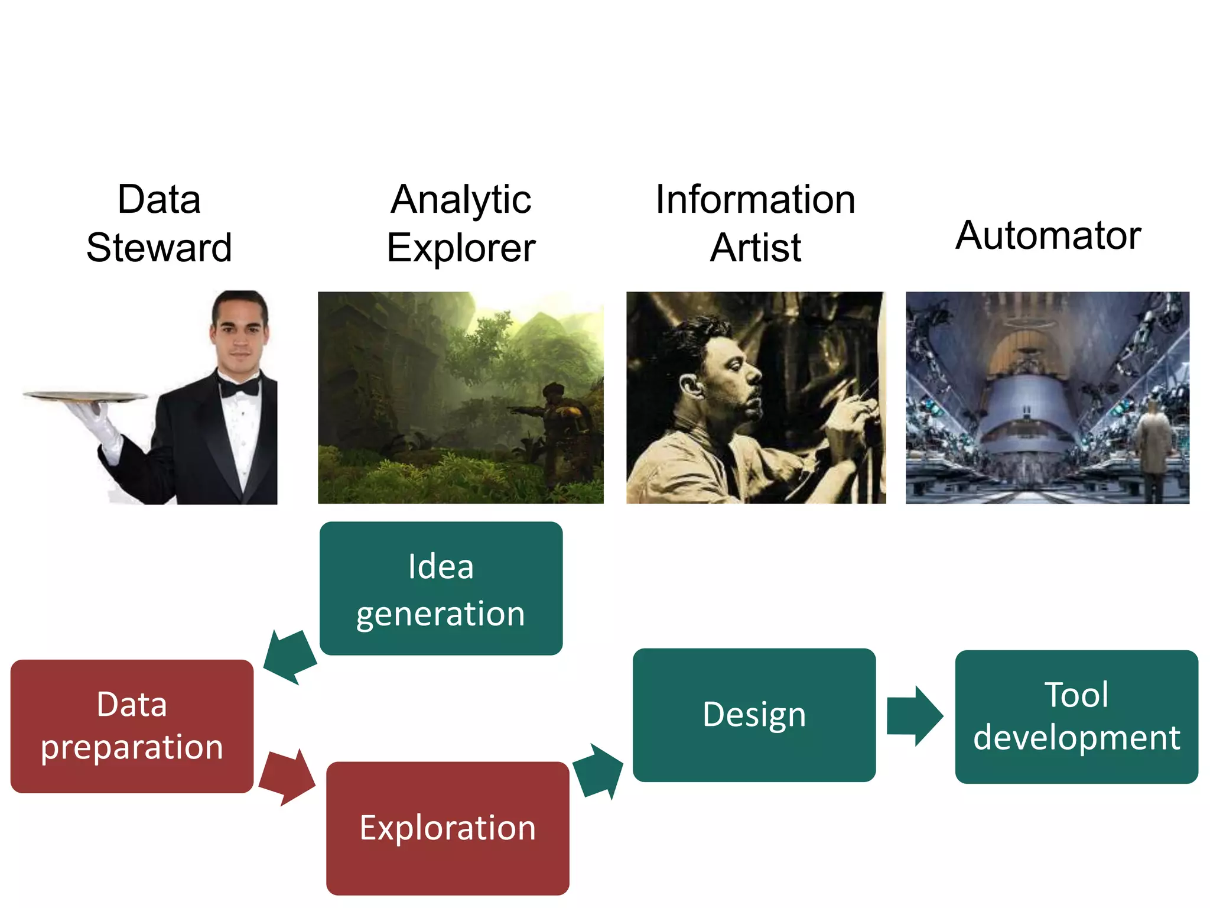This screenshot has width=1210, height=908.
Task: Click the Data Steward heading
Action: (x=159, y=223)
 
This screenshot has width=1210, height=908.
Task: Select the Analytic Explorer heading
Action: (x=461, y=223)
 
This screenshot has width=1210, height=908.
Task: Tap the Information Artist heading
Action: (x=755, y=223)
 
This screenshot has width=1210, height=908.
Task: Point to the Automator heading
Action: (x=1048, y=235)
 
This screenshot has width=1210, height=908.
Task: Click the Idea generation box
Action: (x=441, y=588)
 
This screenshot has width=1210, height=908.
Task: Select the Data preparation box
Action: (x=132, y=726)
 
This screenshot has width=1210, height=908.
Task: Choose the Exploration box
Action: (x=448, y=828)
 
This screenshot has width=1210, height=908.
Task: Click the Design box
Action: (x=754, y=715)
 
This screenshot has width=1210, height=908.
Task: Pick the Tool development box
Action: (x=1076, y=716)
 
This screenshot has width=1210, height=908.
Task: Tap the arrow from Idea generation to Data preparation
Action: (x=290, y=657)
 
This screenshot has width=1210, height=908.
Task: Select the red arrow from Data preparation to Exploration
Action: (x=287, y=777)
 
